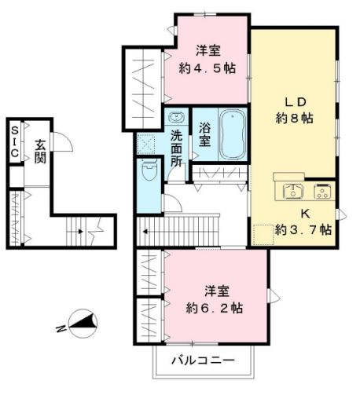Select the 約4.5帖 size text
[x=208, y=68]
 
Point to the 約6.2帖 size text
[x=214, y=307]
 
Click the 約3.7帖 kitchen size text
[x=303, y=230]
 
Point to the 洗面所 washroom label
[x=177, y=147]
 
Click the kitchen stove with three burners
[x=322, y=192]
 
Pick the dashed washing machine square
[x=147, y=144]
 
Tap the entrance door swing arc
[x=66, y=141]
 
